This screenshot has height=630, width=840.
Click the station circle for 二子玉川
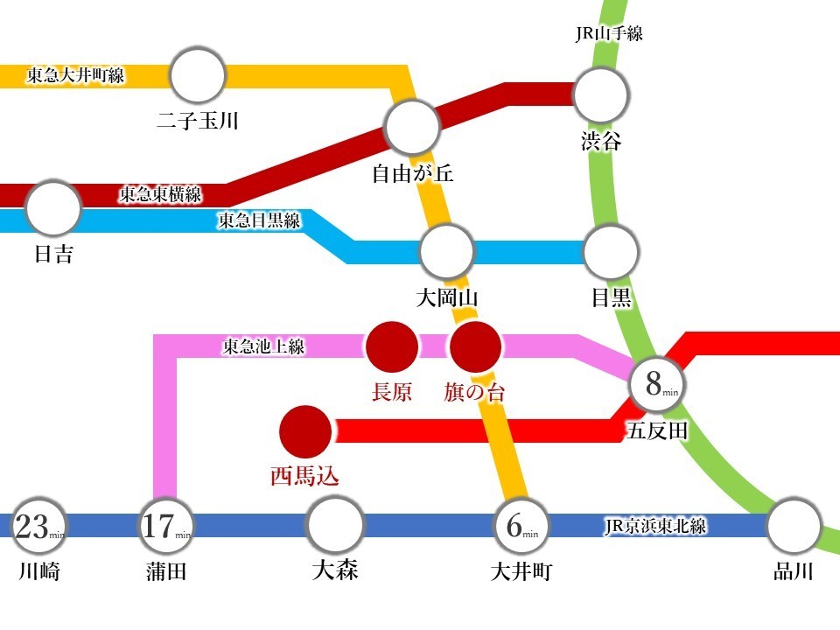(198, 75)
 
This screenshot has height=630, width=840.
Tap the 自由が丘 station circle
(412, 126)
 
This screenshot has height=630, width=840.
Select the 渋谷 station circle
(600, 94)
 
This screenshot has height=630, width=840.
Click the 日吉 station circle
(53, 208)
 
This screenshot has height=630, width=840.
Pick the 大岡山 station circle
(447, 251)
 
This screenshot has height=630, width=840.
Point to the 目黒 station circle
(612, 251)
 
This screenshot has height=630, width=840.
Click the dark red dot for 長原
(392, 346)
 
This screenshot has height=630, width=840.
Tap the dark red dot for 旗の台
(476, 346)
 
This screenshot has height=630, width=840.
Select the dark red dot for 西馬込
(305, 431)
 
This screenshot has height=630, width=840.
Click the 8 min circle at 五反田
(657, 384)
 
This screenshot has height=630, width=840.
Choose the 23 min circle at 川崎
(38, 526)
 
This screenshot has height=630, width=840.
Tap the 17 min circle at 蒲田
(165, 526)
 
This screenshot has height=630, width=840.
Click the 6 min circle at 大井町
(521, 526)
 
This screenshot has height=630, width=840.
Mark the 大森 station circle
(335, 524)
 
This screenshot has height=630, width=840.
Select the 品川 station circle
(794, 527)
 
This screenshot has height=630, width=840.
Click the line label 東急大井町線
(75, 75)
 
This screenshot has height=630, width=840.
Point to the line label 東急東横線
(160, 194)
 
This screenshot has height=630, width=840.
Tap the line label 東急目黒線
(259, 220)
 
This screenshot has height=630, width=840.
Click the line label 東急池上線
(263, 346)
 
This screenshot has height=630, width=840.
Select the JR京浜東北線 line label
(655, 526)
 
